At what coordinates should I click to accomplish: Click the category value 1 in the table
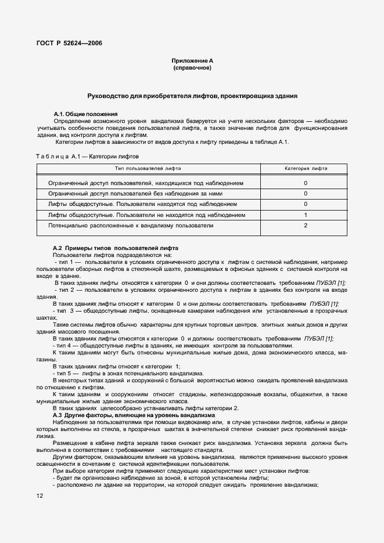pos(305,215)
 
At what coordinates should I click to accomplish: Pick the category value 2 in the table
pos(305,225)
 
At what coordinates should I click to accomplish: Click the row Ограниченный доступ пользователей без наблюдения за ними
pos(135,193)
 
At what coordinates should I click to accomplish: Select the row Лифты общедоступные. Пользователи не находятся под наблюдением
pos(146,215)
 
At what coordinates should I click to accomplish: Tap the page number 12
pos(40,495)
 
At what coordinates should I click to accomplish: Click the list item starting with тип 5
pos(128,373)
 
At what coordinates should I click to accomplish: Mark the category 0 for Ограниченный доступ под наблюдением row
pos(305,183)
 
